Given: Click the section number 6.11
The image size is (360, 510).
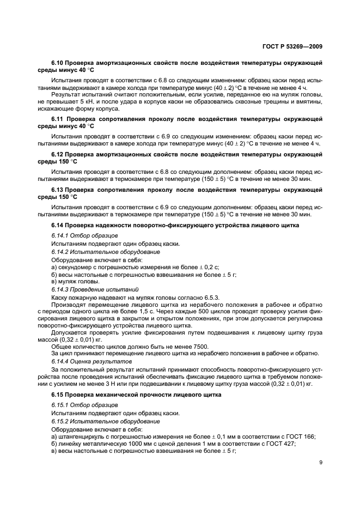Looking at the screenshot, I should click(58, 118).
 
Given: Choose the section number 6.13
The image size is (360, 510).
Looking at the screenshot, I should click(58, 190).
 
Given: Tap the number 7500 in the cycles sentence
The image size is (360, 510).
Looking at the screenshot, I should click(185, 347).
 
